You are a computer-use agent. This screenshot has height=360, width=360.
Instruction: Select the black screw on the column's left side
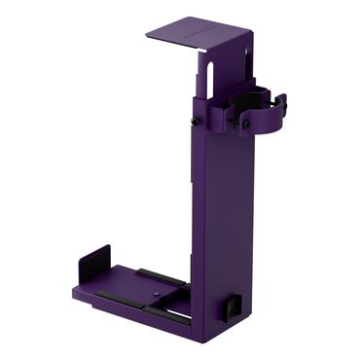[x=196, y=121]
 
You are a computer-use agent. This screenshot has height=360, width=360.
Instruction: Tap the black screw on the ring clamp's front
[x=246, y=124]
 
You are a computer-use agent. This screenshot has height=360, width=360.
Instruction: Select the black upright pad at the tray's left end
[x=93, y=266]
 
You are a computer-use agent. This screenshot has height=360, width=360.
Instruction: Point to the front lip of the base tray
[x=136, y=310]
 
